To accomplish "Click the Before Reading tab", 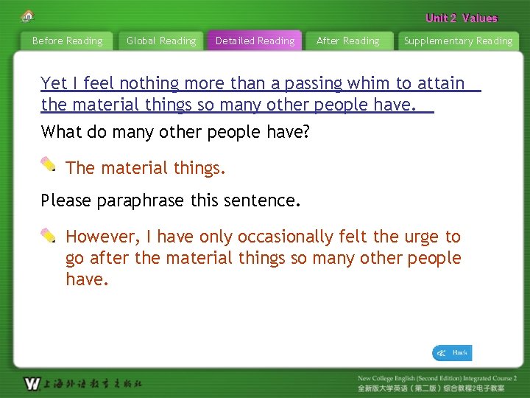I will (x=67, y=41).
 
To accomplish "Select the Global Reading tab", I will (x=161, y=41).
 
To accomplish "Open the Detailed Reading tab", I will (x=255, y=41).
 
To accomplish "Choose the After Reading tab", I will (x=347, y=41).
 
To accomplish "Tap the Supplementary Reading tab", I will (x=458, y=41).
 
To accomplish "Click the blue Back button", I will (x=452, y=353).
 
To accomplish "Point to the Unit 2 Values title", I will (x=462, y=18).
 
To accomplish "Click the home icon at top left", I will (x=28, y=15).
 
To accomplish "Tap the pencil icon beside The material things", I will (x=49, y=164).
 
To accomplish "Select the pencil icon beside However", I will (x=49, y=235).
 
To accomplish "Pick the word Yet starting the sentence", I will (x=54, y=83).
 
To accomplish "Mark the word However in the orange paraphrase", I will (x=102, y=237).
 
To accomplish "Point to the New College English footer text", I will (x=437, y=378).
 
